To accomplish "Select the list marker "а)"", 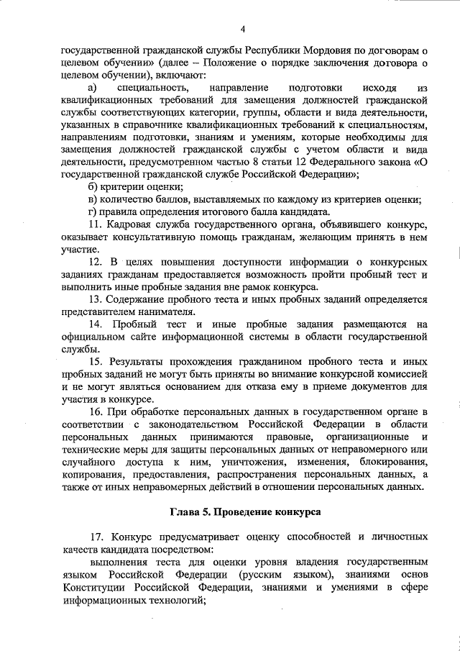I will coord(92,88).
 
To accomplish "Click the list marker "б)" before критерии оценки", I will coord(91,187).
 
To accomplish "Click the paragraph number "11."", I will coord(94,224).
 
